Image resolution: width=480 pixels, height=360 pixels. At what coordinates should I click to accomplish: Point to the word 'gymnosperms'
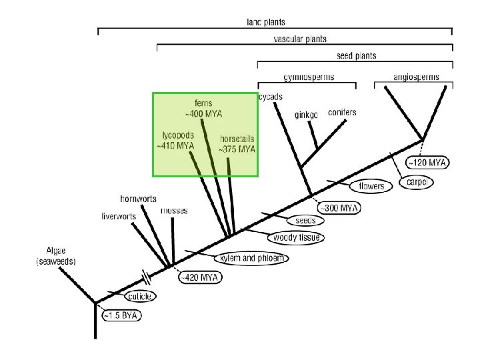308,77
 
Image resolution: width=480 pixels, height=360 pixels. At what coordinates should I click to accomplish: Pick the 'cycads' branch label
271,97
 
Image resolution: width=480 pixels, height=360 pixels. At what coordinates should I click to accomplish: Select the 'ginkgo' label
306,115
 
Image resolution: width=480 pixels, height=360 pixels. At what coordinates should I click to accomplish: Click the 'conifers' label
342,113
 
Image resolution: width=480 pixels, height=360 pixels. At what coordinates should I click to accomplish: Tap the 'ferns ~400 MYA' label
203,109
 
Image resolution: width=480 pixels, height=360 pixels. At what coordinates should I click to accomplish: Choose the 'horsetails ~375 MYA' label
237,144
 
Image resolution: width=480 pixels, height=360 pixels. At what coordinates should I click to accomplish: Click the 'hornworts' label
138,199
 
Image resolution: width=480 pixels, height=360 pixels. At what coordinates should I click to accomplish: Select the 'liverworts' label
119,216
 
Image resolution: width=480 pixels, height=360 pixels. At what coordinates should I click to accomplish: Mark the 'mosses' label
174,211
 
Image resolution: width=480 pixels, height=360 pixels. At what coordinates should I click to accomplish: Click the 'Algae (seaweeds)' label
56,257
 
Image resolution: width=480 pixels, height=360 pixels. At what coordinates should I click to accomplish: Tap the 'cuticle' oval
141,296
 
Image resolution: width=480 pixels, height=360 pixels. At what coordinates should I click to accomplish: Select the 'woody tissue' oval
295,237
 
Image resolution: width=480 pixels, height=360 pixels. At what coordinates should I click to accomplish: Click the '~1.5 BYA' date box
122,315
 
